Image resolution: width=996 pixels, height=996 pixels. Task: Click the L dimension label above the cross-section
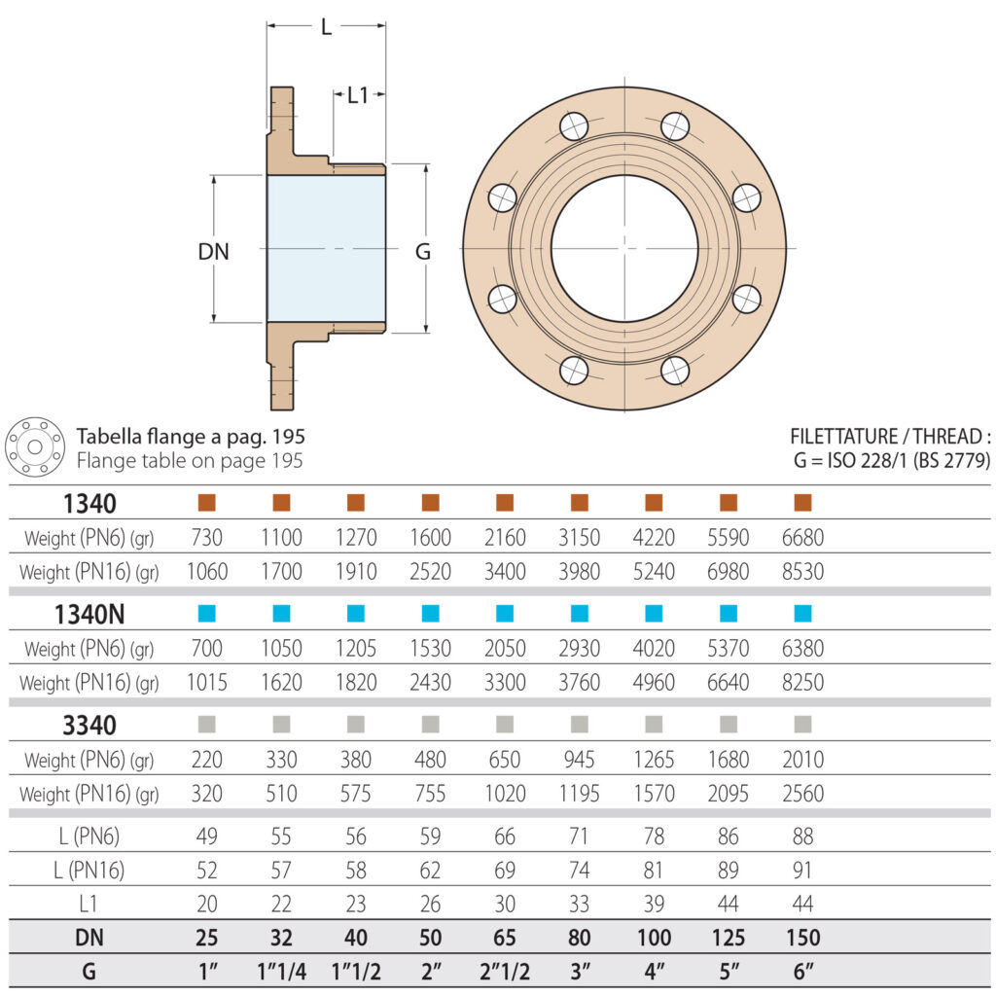(x=326, y=27)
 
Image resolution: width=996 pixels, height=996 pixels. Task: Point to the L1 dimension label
(x=358, y=95)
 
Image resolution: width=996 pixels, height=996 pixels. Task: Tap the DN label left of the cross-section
(x=213, y=251)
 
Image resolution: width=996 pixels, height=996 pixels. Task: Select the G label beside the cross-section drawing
(x=423, y=252)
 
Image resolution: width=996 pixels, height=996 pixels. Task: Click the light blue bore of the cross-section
(x=326, y=249)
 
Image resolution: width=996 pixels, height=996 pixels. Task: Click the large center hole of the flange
(x=624, y=249)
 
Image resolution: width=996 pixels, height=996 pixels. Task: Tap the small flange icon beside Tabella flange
(x=35, y=447)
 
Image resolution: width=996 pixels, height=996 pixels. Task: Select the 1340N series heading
(x=89, y=614)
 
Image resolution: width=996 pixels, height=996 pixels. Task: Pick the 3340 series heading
(x=89, y=725)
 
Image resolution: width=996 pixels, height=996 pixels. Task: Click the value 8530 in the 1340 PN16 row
(x=802, y=572)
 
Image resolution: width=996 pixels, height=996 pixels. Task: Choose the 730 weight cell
(x=206, y=538)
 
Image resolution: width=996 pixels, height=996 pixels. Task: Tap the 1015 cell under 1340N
(x=206, y=683)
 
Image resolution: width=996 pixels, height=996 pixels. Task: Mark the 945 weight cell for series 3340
(x=579, y=760)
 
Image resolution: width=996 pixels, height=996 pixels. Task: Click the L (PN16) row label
(x=89, y=870)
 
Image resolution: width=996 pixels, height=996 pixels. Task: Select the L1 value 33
(x=579, y=905)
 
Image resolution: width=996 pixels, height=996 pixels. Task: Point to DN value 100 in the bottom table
(x=654, y=938)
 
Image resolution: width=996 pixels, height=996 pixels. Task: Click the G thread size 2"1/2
(x=505, y=972)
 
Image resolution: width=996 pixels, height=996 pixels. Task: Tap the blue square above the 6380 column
(x=802, y=614)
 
